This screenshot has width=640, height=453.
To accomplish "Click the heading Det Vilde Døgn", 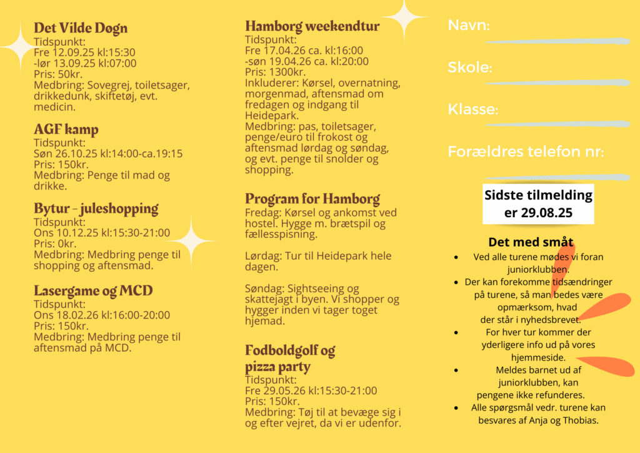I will click(81, 28).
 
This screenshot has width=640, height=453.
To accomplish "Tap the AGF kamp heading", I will click(66, 130).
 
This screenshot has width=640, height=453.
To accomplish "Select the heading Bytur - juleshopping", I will click(96, 208).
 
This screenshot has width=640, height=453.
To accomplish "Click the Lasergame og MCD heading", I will click(93, 291).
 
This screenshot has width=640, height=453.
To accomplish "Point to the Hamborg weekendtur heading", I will click(312, 26).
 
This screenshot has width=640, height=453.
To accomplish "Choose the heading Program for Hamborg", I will click(312, 199).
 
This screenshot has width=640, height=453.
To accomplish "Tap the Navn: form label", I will click(469, 26).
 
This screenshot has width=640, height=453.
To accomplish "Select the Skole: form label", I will click(470, 68).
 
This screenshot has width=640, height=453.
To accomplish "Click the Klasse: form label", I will click(473, 109).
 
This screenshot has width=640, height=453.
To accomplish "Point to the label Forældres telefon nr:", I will click(526, 151).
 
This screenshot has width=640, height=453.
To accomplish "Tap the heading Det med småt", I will click(531, 242).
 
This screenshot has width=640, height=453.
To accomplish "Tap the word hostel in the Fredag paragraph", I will click(261, 224).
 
